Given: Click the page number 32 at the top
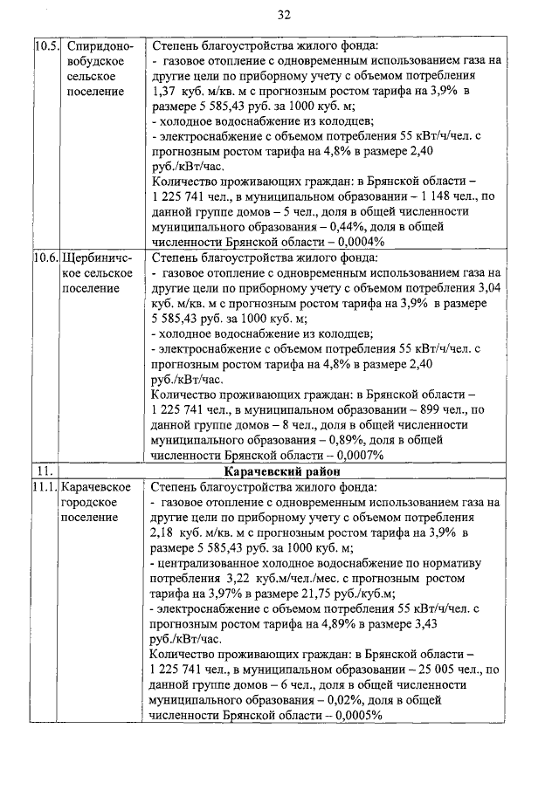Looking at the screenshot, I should [x=283, y=15].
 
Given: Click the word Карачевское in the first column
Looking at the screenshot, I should [x=96, y=486].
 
